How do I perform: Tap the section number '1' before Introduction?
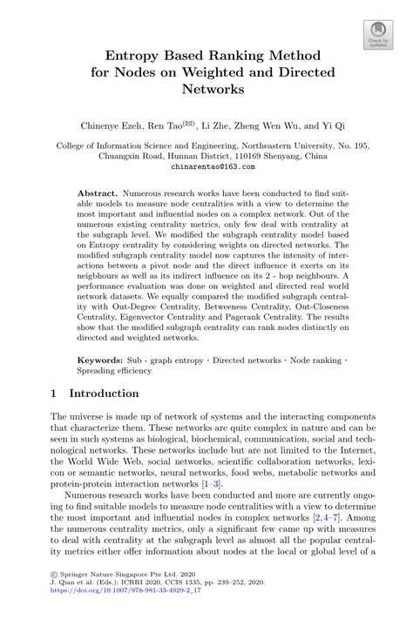click(x=55, y=394)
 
